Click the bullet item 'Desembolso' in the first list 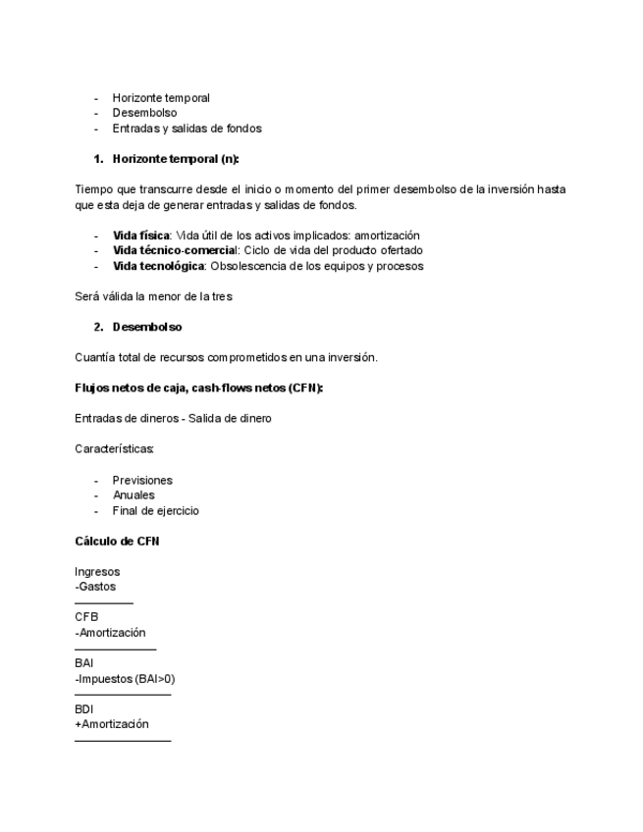point(144,113)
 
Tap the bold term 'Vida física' point(140,235)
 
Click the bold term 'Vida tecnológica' point(158,266)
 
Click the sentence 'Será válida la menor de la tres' point(153,296)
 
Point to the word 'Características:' point(114,449)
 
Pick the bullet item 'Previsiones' point(142,480)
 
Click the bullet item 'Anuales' point(134,495)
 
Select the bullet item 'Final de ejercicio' point(156,510)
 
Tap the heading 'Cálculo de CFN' point(117,542)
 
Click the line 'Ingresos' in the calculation point(97,571)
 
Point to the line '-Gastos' point(95,587)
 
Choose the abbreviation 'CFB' point(86,617)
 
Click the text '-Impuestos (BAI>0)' point(125,679)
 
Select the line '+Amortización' point(112,724)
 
